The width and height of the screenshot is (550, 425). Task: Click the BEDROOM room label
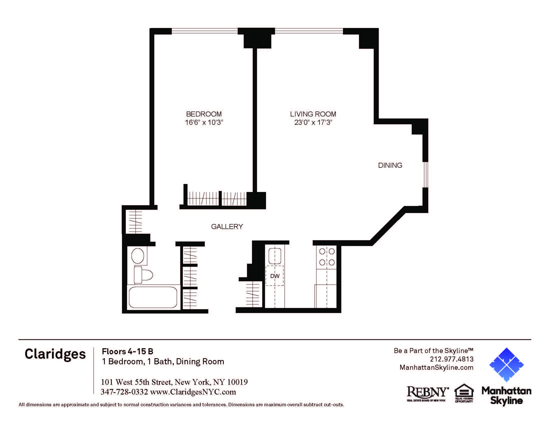tap(204, 114)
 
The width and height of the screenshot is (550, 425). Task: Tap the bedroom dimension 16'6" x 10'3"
tap(204, 122)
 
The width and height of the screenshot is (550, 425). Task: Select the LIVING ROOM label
tap(313, 114)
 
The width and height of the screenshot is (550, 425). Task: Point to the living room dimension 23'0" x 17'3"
tap(313, 122)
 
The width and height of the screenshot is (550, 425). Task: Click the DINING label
tap(390, 165)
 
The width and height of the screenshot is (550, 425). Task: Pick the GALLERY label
tap(227, 226)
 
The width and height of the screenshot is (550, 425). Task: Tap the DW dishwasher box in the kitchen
tap(275, 276)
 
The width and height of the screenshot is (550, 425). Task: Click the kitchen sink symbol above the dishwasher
tap(275, 256)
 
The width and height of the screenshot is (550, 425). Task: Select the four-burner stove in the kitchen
tap(327, 257)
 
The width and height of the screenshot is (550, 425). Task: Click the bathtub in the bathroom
tap(153, 297)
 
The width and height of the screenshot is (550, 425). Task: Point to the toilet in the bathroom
tap(143, 275)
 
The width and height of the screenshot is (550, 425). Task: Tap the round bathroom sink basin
tap(138, 256)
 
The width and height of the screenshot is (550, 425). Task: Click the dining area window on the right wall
tap(425, 174)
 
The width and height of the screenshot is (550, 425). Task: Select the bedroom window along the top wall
tap(204, 31)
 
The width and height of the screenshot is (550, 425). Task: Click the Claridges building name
tap(55, 354)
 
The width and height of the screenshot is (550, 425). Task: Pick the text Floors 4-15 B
tap(127, 351)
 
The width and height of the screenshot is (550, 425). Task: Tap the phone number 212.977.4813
tap(451, 359)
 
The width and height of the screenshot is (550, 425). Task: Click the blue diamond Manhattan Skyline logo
tap(506, 364)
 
